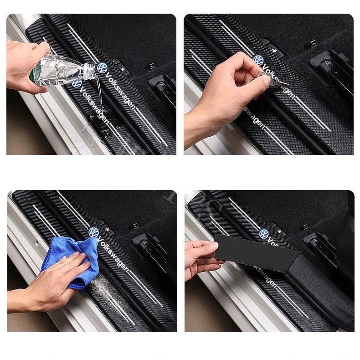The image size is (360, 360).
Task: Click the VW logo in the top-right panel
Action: [x=258, y=61]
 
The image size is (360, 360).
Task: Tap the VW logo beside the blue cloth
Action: [x=94, y=232]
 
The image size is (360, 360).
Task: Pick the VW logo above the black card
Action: [x=265, y=234]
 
